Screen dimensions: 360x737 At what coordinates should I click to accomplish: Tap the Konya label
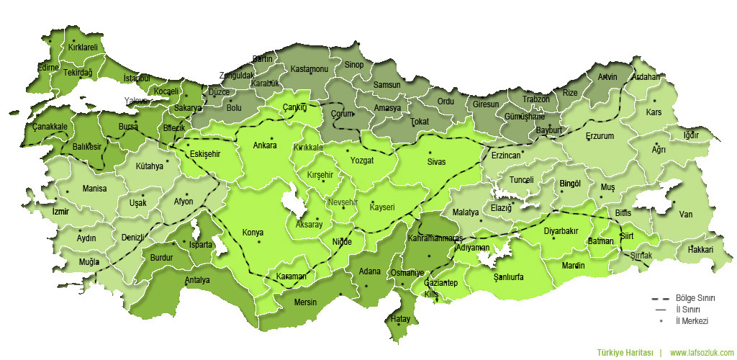pyautogui.click(x=253, y=233)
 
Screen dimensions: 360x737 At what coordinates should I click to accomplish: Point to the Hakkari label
pyautogui.click(x=700, y=249)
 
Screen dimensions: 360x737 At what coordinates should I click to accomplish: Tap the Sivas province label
pyautogui.click(x=437, y=162)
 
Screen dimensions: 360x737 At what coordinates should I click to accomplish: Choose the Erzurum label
pyautogui.click(x=600, y=135)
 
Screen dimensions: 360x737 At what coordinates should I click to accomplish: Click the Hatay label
pyautogui.click(x=400, y=318)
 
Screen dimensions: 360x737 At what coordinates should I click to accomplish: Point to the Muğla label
pyautogui.click(x=89, y=261)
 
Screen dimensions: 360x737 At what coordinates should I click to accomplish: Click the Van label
pyautogui.click(x=685, y=214)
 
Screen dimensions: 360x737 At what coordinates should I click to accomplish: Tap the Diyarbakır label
pyautogui.click(x=561, y=231)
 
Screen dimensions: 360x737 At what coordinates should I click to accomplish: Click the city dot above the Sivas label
pyautogui.click(x=430, y=153)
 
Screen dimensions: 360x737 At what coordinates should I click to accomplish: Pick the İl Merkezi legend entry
pyautogui.click(x=692, y=320)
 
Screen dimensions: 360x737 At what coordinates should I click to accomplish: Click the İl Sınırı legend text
pyautogui.click(x=689, y=309)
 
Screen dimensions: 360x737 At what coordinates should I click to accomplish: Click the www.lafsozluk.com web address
pyautogui.click(x=702, y=353)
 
